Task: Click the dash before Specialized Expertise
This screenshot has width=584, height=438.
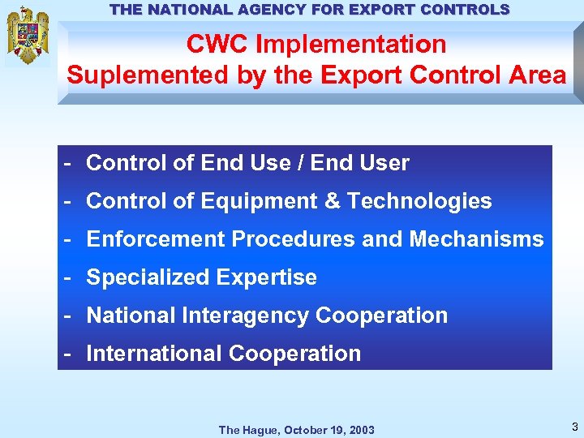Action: (x=71, y=277)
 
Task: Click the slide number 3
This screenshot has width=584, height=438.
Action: (x=574, y=427)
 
